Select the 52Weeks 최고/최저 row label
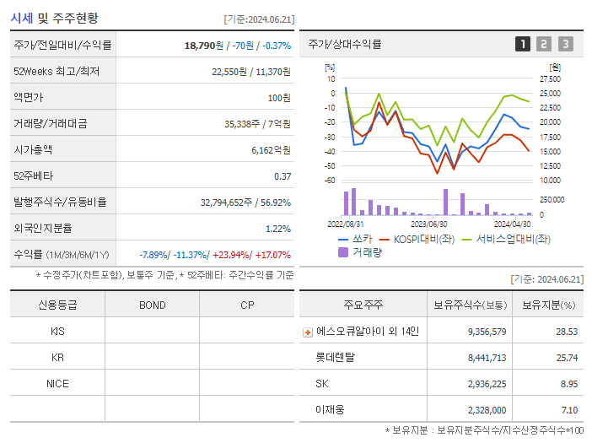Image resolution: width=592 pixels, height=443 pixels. (x=57, y=72)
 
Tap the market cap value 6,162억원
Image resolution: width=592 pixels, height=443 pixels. (x=271, y=150)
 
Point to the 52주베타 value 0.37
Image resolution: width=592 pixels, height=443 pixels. (x=283, y=176)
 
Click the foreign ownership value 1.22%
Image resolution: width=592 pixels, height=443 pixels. (x=278, y=229)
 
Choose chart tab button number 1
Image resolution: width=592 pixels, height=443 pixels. (x=523, y=45)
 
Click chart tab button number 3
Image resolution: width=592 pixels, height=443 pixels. (x=565, y=45)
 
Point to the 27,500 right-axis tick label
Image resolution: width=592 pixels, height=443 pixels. (x=550, y=78)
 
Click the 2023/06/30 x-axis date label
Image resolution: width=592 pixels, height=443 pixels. (x=428, y=224)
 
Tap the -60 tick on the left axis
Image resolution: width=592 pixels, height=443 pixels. (x=330, y=180)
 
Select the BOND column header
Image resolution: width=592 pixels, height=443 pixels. (x=152, y=305)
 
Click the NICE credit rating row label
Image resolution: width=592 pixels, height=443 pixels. (x=57, y=383)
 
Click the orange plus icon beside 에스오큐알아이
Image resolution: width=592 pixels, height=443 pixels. (x=308, y=332)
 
